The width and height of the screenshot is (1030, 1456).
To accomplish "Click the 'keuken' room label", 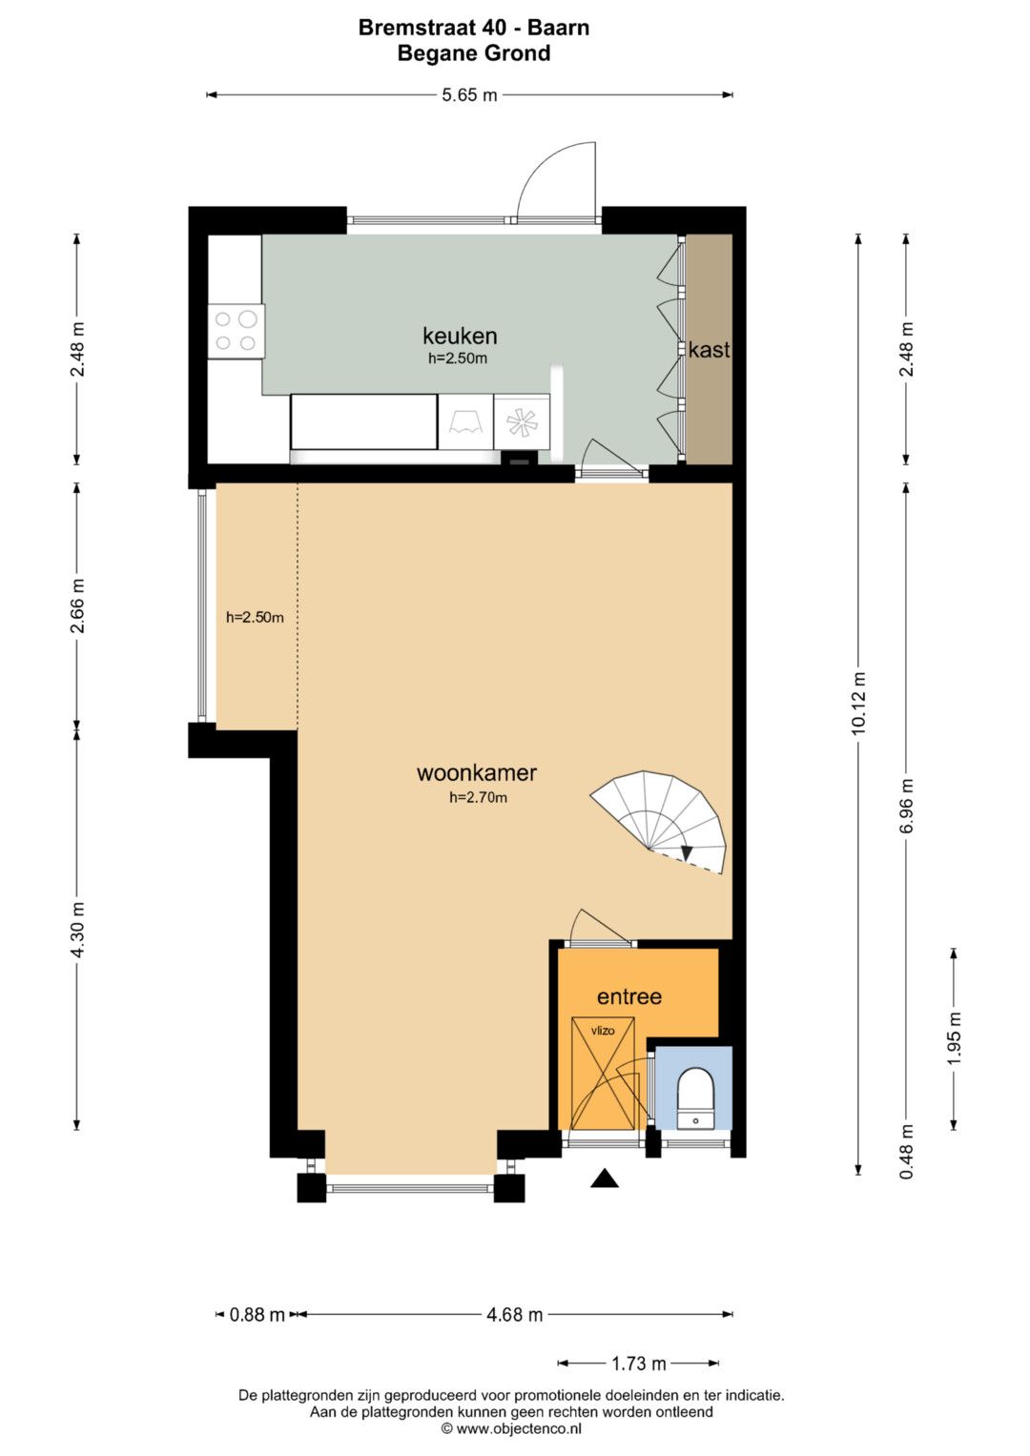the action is click(460, 336).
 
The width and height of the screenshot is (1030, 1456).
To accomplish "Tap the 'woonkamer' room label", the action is click(477, 773).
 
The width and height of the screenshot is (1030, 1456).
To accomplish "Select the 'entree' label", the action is click(629, 996).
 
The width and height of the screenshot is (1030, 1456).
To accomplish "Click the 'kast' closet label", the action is click(709, 350).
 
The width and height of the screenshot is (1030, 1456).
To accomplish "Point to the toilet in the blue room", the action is click(696, 1097).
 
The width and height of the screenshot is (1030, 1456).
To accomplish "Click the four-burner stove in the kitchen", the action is click(236, 330).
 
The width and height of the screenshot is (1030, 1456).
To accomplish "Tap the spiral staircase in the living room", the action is click(659, 821).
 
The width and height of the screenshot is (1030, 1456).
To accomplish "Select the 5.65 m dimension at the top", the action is click(469, 95).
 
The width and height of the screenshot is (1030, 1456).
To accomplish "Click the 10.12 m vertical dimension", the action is click(859, 704).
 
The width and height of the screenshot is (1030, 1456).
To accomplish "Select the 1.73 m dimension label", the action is click(639, 1364).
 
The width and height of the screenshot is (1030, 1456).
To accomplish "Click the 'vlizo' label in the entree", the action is click(603, 1030).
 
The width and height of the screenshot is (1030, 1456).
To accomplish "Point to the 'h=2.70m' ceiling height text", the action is click(478, 797).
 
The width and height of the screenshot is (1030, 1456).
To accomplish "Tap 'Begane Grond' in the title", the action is click(474, 52).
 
